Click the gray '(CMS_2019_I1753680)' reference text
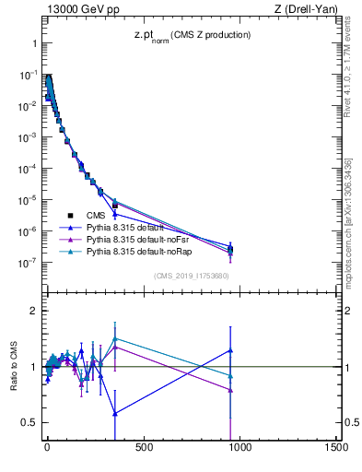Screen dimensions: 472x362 tap(191, 275)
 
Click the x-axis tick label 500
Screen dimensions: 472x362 tap(143, 448)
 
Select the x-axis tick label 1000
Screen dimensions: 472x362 tap(239, 448)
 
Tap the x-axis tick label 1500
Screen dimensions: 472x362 tap(336, 448)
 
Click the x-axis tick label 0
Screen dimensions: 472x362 tap(46, 448)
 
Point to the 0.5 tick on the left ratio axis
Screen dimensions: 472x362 tap(30, 422)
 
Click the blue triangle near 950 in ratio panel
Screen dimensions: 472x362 tap(230, 350)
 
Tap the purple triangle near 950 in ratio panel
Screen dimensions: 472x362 tap(230, 391)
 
